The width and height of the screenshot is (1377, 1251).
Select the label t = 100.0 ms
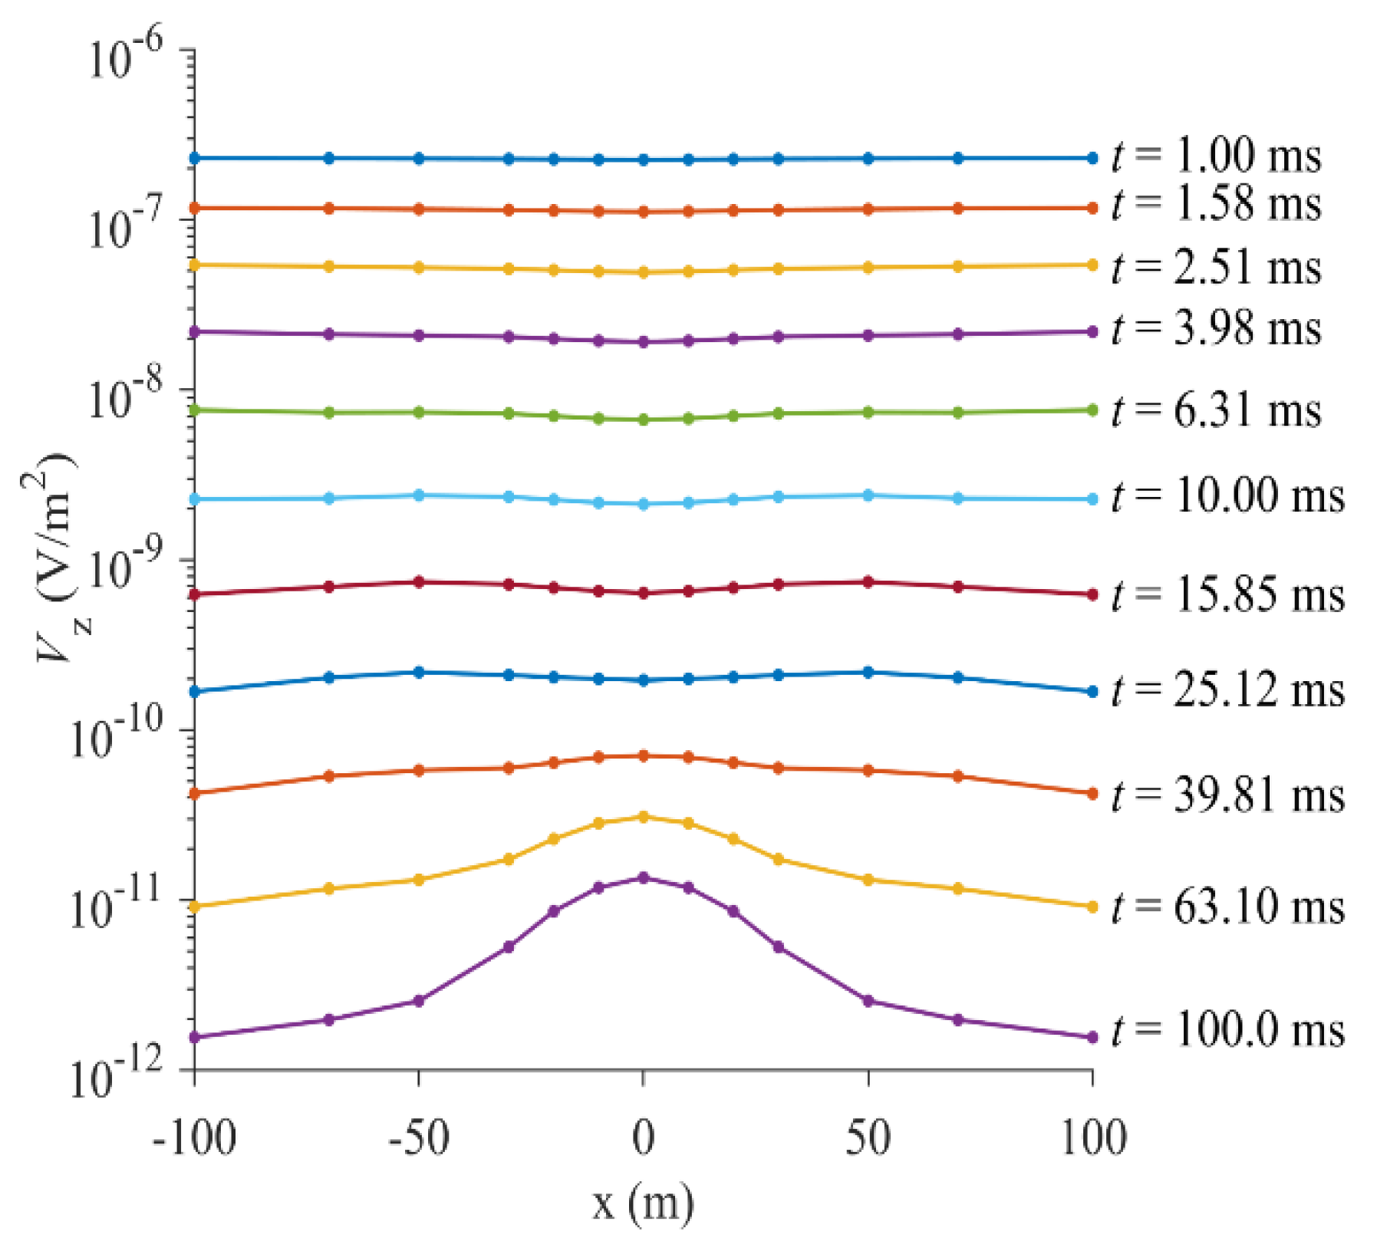click(x=1228, y=1030)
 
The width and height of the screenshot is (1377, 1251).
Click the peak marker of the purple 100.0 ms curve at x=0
click(x=644, y=877)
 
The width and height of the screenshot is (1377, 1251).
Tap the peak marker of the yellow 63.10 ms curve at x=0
click(x=644, y=817)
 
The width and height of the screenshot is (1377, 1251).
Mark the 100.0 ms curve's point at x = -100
click(x=194, y=1037)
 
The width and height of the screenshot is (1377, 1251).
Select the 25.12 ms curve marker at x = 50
click(x=868, y=673)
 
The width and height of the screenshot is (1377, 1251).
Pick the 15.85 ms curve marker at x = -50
click(x=419, y=582)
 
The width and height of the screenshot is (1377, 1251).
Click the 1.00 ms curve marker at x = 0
click(x=644, y=160)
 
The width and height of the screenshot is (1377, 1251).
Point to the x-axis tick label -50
click(x=419, y=1139)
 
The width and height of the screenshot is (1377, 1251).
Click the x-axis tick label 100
click(x=1093, y=1139)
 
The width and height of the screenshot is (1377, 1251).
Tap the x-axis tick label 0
click(x=644, y=1139)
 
